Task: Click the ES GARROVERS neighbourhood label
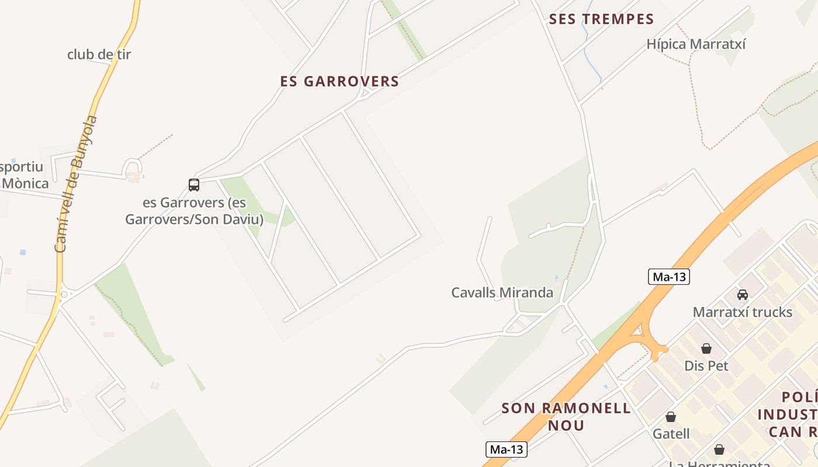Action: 339,82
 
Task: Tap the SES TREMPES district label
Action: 601,19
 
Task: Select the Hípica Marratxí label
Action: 696,44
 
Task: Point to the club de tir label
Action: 99,55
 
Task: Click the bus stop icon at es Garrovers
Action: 194,185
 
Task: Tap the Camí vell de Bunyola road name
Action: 76,184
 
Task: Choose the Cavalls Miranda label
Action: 502,292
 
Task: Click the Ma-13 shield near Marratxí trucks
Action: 669,277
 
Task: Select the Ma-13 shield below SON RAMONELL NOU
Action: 507,449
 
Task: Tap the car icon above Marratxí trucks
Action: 743,295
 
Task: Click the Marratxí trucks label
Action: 743,312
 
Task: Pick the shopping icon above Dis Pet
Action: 706,348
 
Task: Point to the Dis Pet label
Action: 706,366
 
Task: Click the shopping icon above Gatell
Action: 671,417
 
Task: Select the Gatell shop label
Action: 671,434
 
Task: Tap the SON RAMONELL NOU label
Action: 566,416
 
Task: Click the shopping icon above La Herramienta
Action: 719,449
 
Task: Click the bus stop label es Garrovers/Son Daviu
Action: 194,211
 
